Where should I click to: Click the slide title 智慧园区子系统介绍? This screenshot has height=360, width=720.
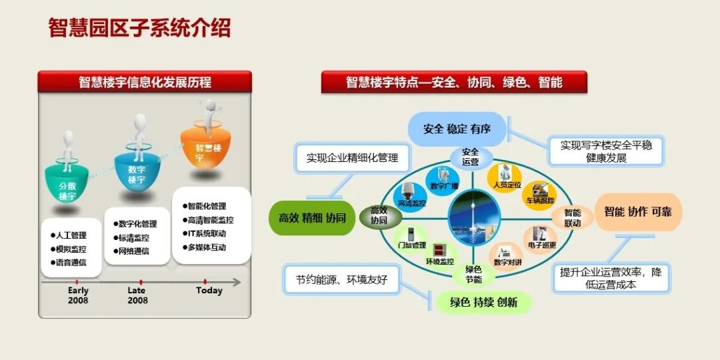[139, 28]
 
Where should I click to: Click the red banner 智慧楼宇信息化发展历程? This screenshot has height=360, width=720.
[145, 82]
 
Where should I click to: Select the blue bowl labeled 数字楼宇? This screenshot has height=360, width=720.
[138, 173]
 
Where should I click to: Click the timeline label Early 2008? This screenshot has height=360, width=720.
[77, 295]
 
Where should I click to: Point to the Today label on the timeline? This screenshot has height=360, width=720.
[209, 291]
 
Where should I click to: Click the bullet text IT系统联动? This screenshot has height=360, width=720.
[207, 233]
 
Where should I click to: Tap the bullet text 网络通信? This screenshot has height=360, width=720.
[133, 251]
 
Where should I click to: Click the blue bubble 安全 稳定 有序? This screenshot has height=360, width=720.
[457, 129]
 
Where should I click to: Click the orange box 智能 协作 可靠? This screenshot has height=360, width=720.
[637, 212]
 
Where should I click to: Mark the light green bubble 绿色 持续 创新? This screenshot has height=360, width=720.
[483, 302]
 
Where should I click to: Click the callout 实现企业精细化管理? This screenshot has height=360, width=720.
[352, 158]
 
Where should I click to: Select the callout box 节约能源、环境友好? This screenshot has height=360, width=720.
[341, 280]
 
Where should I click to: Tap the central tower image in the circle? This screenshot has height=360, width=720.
[474, 215]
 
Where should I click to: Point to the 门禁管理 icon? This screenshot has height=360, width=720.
[411, 239]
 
